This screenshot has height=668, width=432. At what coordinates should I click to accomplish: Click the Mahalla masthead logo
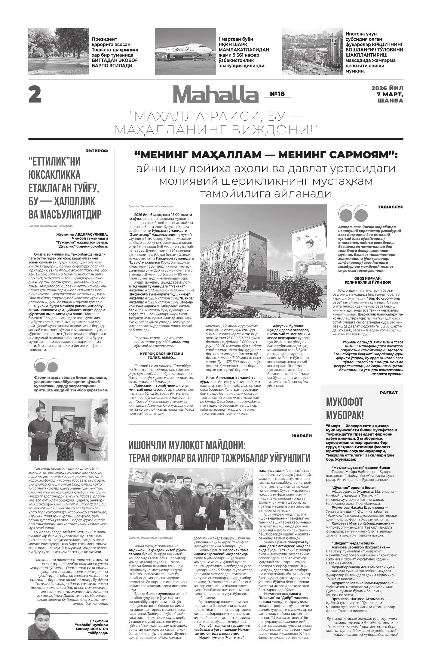point(215,94)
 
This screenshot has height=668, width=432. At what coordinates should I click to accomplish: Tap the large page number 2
point(35,95)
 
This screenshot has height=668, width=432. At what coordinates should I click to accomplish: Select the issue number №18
point(277,94)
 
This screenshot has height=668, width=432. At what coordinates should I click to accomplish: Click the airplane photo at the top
point(185,51)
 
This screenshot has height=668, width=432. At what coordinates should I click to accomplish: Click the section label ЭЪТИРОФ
point(96,151)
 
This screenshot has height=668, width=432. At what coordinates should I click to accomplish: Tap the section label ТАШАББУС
point(390,207)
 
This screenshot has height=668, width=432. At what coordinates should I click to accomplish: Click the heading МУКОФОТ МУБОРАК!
point(345,409)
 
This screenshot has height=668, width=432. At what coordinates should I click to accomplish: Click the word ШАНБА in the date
point(391,101)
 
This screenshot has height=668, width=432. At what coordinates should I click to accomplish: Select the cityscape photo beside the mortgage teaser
point(312,51)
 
